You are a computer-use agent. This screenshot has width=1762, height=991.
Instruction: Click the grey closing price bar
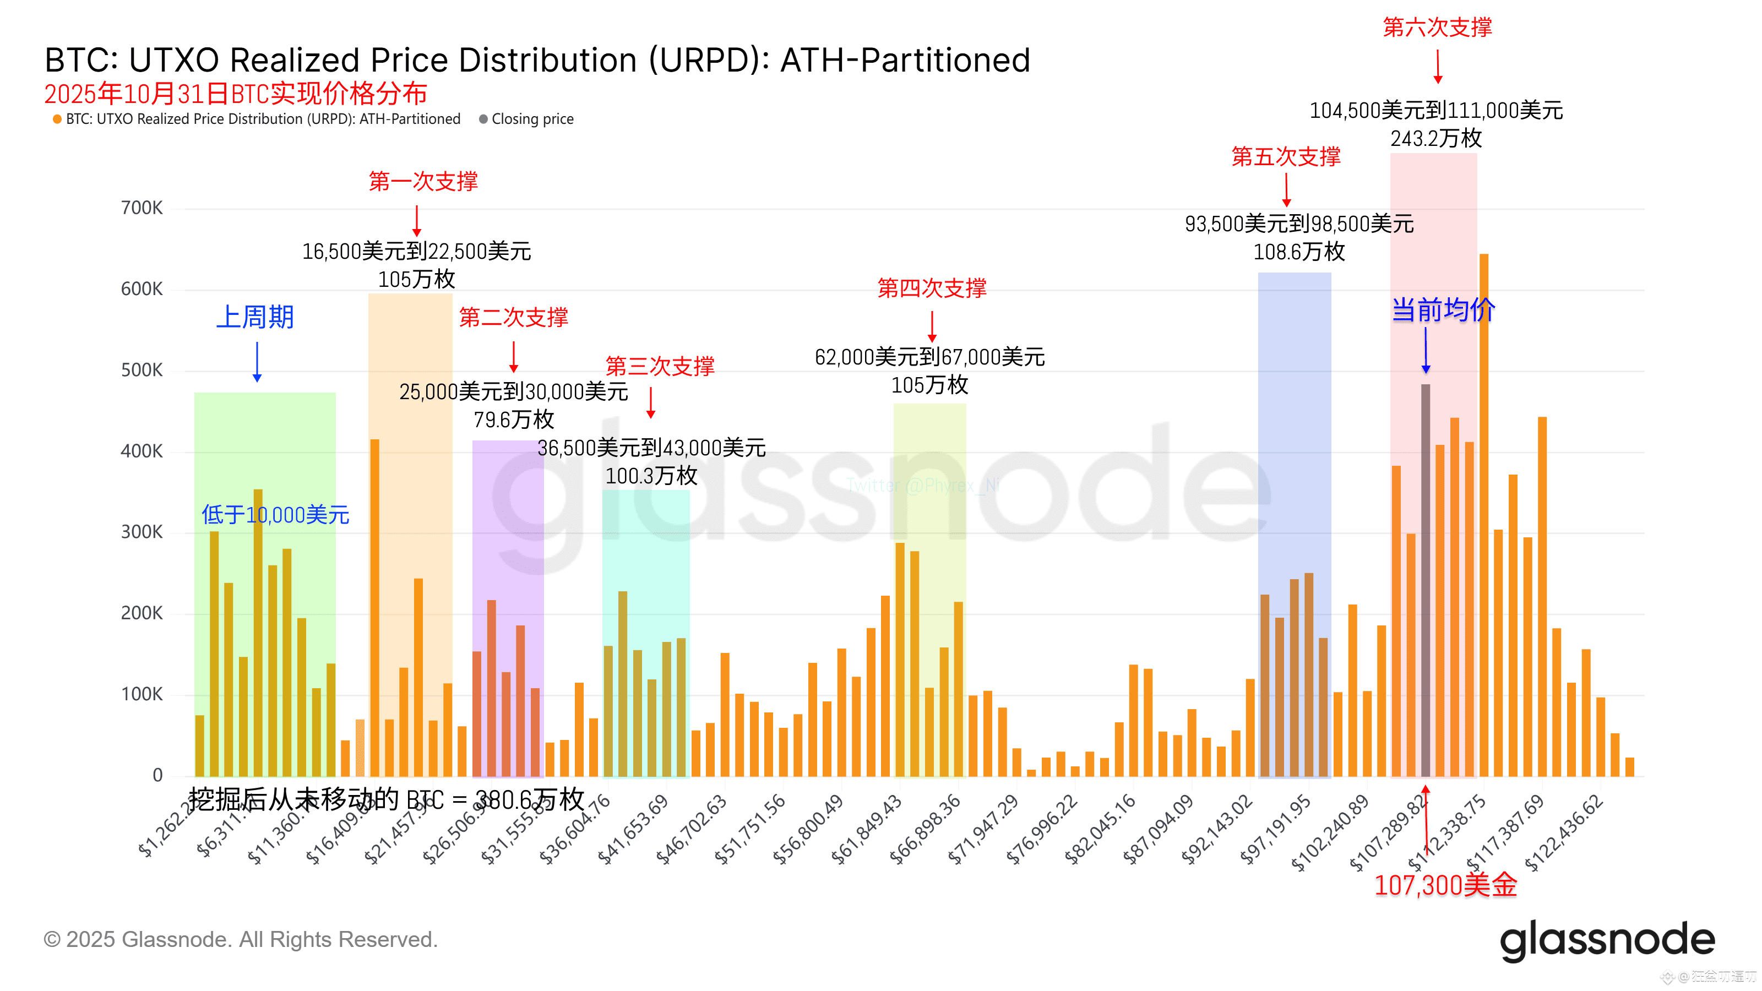(x=1426, y=581)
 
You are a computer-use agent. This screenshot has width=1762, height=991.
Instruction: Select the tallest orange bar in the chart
(x=1483, y=513)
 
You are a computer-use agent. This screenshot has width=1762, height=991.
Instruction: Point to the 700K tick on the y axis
(x=142, y=208)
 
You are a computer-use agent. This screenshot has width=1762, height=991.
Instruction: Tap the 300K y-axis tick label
(x=142, y=532)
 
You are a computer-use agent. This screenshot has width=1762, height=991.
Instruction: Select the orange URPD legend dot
(x=57, y=119)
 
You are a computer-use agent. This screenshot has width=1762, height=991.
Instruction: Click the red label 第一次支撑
(x=423, y=181)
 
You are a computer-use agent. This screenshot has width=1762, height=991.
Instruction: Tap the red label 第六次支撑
(x=1438, y=28)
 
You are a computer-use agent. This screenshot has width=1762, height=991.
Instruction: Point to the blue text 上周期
(x=255, y=317)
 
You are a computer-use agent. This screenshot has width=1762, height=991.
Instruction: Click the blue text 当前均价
(x=1443, y=311)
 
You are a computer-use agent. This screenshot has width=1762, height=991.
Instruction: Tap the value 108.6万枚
(x=1299, y=252)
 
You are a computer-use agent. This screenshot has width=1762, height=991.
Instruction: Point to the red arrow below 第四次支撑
(x=932, y=327)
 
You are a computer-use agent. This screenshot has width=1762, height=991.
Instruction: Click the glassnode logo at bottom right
(x=1607, y=940)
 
